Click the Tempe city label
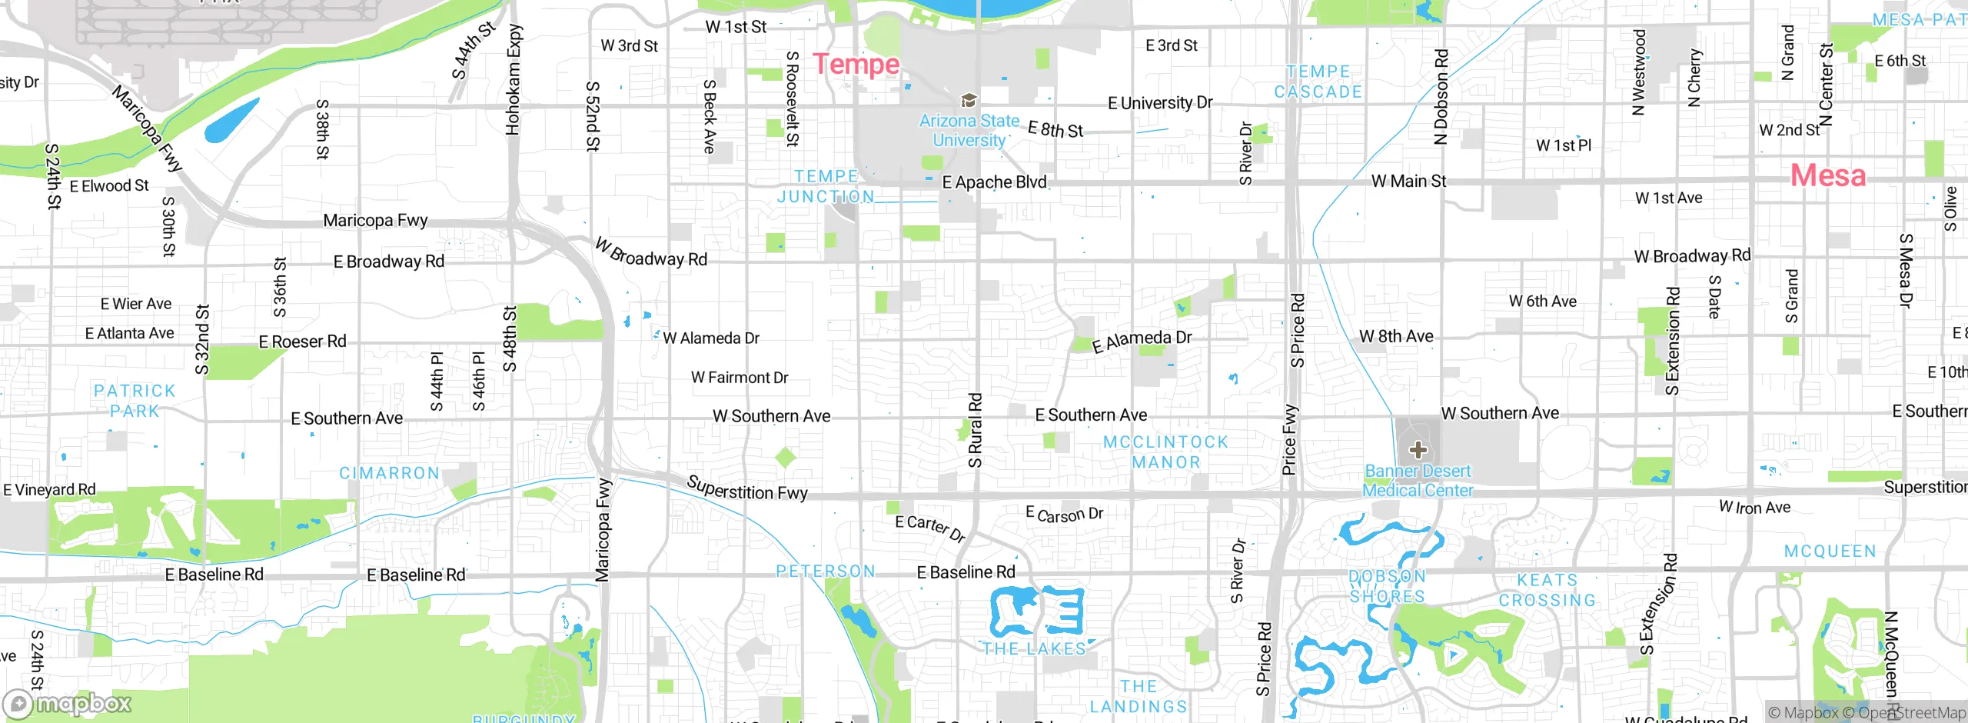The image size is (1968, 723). pos(856,64)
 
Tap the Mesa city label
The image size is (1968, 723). pos(1827,175)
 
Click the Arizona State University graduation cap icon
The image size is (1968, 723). pos(969,100)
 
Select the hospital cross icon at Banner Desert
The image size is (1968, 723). pos(1418,450)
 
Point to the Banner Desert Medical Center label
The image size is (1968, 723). pos(1418,481)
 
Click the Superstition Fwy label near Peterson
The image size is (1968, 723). pos(746,488)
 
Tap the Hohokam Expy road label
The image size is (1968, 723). pos(514,80)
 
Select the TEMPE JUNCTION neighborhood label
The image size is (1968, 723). pos(826,186)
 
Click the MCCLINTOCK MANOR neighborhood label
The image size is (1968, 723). pos(1165,452)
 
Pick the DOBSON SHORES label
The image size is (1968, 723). pos(1388,586)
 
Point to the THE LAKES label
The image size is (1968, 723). pos(1034,648)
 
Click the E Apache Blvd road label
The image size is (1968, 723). pos(994,182)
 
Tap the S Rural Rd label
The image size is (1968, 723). pos(975,430)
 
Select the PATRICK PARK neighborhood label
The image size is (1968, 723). pos(135,401)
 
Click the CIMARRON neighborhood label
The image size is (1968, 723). pos(390,473)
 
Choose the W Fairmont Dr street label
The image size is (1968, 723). pos(740,378)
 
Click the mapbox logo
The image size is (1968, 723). pos(68,703)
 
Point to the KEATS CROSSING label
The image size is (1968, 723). pos(1547,590)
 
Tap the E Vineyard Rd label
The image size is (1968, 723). pos(49,490)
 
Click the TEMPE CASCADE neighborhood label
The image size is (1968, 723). pos(1318,82)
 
